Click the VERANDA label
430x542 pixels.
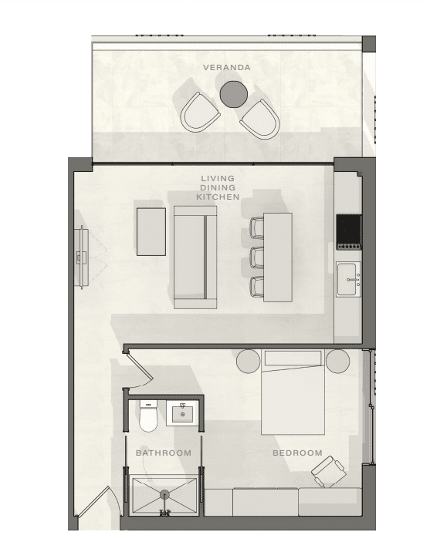pos(227,67)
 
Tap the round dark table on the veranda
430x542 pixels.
pos(234,94)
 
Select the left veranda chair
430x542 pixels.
pos(200,113)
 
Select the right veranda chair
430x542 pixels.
pos(260,120)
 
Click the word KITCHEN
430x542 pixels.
pos(218,197)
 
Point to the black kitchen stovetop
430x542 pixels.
pos(349,232)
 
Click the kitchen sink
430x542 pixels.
pos(349,279)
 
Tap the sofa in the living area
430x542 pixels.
pos(195,258)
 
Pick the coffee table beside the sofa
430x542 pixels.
pos(151,231)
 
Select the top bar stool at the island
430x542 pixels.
pos(257,227)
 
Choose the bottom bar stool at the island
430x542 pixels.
pos(257,287)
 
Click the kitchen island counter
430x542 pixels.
pos(278,258)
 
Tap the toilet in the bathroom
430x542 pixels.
pos(148,416)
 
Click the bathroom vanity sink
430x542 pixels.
pos(182,413)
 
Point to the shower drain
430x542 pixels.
pos(164,495)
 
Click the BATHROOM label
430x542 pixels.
pos(164,453)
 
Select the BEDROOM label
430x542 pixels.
pos(297,453)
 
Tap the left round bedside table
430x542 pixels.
pos(249,362)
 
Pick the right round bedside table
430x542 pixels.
pos(337,362)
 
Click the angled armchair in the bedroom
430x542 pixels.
pos(328,472)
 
